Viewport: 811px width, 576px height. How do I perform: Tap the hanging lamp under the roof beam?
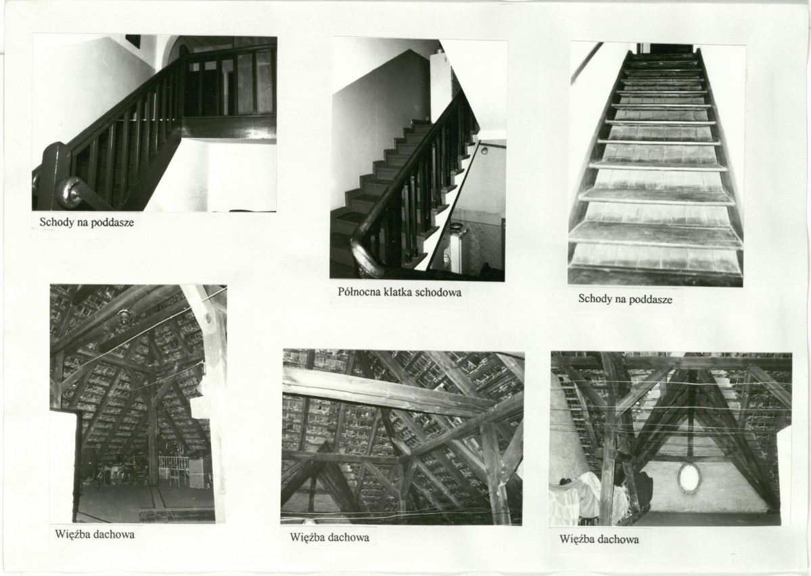124,318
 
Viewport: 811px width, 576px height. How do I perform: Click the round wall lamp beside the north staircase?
484,151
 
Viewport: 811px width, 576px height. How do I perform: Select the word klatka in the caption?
399,291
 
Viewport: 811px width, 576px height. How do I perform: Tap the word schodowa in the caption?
439,291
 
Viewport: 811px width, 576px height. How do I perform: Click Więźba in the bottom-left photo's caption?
72,534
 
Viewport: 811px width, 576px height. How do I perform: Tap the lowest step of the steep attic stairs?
656,274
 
